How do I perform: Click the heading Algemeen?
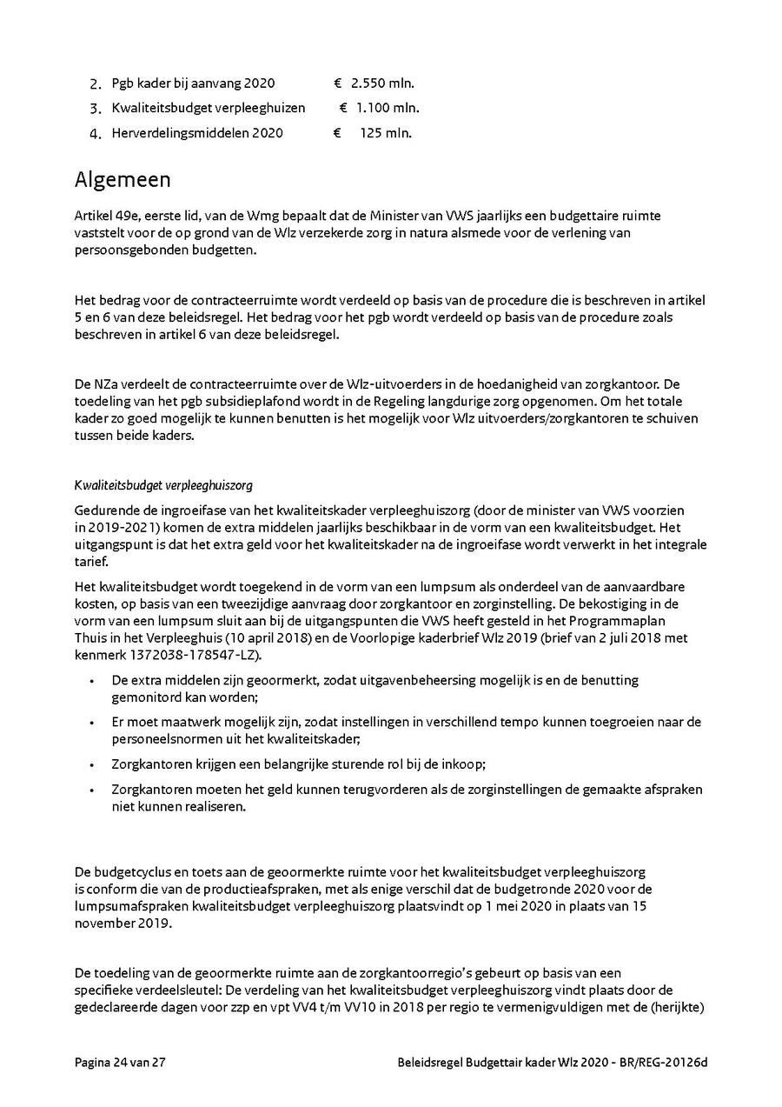tap(123, 180)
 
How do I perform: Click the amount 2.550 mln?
tap(382, 83)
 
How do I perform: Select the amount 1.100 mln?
tap(387, 108)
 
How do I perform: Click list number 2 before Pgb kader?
tap(96, 84)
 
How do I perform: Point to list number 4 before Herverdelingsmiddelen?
tap(96, 134)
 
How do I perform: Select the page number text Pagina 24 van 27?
tap(120, 1063)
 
